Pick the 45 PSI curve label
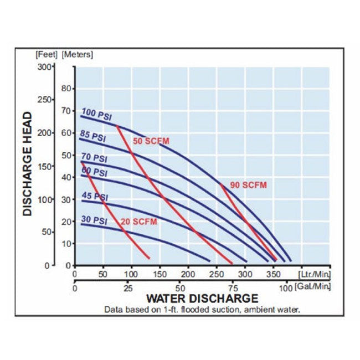[94, 197]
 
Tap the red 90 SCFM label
[248, 186]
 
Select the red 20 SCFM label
[138, 222]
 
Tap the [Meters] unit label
[78, 54]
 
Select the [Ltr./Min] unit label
[314, 274]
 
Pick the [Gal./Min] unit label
[315, 286]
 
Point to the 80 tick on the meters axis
[68, 88]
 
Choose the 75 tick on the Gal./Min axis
[233, 288]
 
